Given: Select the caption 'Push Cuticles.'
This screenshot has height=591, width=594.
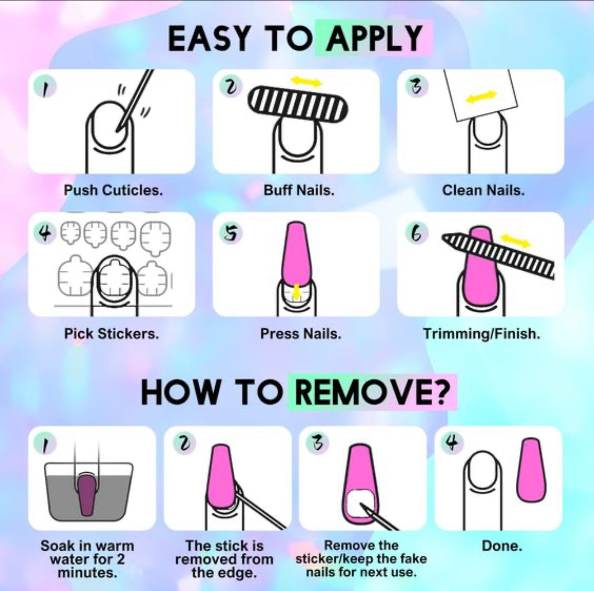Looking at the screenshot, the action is (113, 190).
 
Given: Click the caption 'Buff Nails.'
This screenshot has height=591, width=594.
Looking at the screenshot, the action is (299, 190).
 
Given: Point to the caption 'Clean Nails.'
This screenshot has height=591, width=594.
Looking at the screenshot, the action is (483, 190).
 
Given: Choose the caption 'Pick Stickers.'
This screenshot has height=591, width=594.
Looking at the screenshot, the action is (111, 334).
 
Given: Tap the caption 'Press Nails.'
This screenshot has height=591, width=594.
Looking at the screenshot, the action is (301, 334).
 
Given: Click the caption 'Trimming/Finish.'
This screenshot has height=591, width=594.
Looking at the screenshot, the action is (482, 334).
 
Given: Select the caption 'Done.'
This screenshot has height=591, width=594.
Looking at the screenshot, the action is (502, 546).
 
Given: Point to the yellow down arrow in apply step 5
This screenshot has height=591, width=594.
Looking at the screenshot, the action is (296, 292).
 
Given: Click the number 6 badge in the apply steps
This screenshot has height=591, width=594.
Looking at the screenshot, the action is (416, 234).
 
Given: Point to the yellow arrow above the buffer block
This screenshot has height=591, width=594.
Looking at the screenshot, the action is (307, 81).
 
